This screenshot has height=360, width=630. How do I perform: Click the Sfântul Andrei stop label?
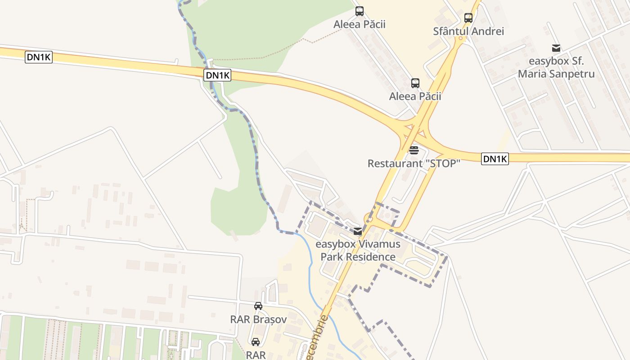click(468, 31)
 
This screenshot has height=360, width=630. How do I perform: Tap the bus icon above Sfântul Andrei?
click(468, 18)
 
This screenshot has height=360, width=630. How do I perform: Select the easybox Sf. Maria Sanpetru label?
click(556, 67)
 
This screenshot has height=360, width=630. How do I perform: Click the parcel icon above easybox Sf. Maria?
click(556, 48)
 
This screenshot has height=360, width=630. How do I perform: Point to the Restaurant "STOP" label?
click(414, 163)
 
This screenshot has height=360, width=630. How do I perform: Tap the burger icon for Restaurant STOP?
click(414, 150)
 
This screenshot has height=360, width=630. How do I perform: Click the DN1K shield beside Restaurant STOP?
click(495, 159)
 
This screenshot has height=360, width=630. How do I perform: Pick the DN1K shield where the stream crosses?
click(218, 75)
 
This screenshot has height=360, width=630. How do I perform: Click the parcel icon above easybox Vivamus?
click(357, 232)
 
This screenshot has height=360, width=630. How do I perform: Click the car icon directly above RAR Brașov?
click(258, 306)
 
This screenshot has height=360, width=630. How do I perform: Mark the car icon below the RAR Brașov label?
click(256, 342)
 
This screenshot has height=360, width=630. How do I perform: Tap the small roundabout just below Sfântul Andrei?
click(460, 39)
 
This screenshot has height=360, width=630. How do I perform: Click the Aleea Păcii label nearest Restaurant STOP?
click(415, 96)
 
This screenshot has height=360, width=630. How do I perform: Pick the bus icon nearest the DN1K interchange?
click(415, 83)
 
